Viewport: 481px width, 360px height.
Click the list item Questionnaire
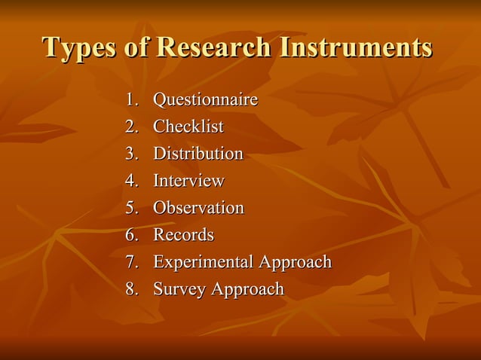click(x=205, y=100)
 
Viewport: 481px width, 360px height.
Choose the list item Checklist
click(x=188, y=127)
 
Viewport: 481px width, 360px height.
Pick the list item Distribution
click(x=198, y=154)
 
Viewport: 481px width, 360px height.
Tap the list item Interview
click(x=188, y=182)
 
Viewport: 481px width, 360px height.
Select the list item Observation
click(x=198, y=208)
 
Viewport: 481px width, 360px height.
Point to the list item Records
click(x=183, y=235)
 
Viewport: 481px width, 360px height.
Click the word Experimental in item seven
click(x=204, y=262)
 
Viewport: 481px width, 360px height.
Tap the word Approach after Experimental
click(x=296, y=263)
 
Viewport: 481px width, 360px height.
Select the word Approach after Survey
click(x=248, y=290)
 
